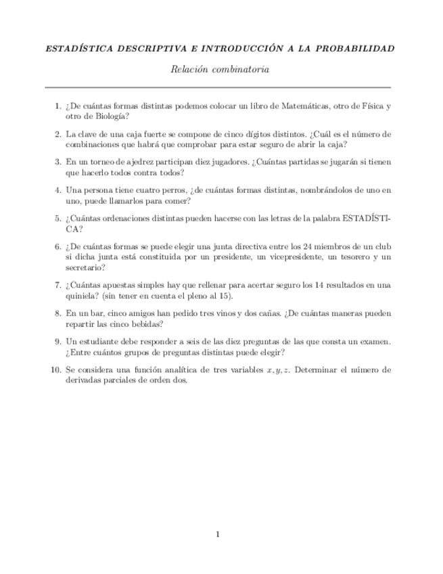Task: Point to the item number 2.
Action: coord(57,134)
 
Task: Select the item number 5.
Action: coord(57,219)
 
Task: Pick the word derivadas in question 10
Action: coord(84,380)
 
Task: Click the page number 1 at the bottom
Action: coord(218,535)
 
